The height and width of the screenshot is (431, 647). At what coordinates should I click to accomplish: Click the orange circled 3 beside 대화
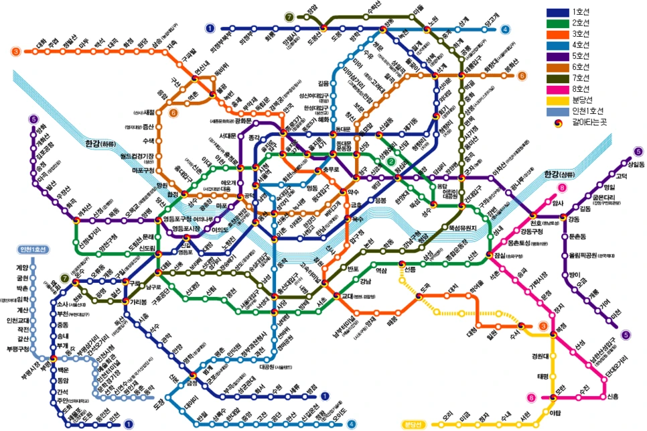tap(15, 51)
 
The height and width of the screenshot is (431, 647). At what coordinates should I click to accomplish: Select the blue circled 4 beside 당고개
tap(505, 29)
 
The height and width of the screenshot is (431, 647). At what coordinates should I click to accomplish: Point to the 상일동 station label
tap(628, 164)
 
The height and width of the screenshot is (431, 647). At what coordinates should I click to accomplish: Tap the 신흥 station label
tap(613, 397)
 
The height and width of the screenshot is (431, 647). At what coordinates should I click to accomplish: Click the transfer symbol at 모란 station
tap(553, 397)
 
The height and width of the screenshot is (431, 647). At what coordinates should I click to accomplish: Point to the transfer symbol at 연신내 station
tap(195, 79)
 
